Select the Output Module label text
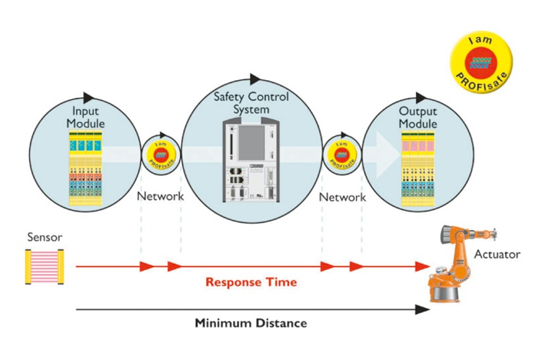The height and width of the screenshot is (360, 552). tap(417, 118)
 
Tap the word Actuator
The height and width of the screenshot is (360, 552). tap(497, 254)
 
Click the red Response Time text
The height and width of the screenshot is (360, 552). tap(251, 282)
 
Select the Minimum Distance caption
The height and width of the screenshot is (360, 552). tap(251, 323)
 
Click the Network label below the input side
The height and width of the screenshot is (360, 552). tap(160, 196)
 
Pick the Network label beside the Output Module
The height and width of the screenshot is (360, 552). tap(342, 197)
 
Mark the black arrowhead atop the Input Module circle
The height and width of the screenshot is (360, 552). tap(89, 98)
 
